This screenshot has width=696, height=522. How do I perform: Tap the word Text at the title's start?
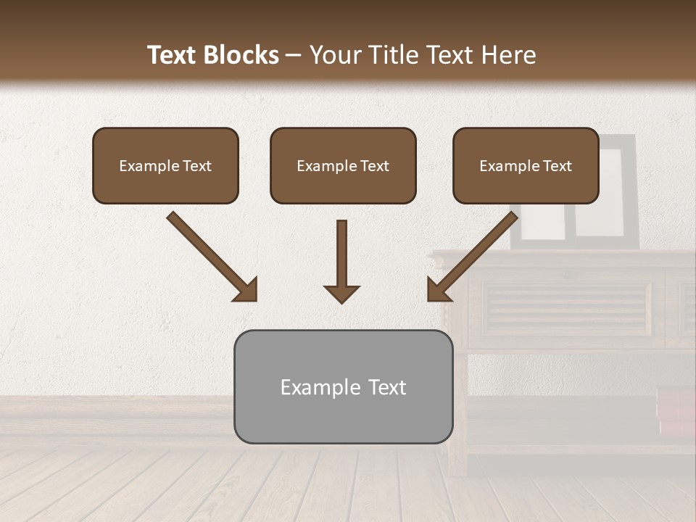click(x=173, y=55)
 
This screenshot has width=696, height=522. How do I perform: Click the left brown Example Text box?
click(x=165, y=165)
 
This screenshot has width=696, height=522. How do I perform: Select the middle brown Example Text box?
click(x=343, y=165)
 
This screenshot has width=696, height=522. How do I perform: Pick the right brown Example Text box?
click(x=526, y=165)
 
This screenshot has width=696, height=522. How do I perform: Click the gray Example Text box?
click(x=343, y=386)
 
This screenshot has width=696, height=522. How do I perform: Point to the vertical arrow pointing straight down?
click(x=341, y=257)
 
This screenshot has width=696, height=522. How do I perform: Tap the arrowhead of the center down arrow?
click(x=341, y=294)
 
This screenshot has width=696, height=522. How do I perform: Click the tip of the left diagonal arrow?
click(x=254, y=299)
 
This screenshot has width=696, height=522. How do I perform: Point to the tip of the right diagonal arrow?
click(x=430, y=299)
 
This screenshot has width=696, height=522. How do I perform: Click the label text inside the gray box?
click(x=343, y=387)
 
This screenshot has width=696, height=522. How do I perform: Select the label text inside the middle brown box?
click(x=343, y=166)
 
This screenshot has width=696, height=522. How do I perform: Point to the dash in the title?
click(x=294, y=56)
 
